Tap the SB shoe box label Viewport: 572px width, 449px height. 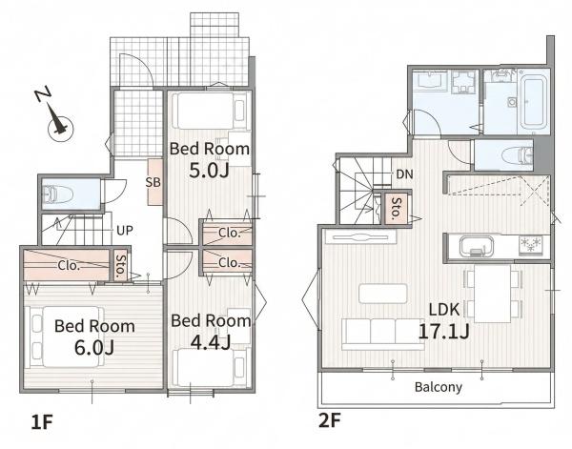pos(153,182)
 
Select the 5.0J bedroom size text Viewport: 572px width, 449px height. pos(209,171)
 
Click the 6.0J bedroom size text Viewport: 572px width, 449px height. pos(94,347)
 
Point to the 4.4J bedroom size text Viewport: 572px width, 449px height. pos(211,342)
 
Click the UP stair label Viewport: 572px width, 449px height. pos(125,230)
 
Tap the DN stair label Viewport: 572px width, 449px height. pos(404,174)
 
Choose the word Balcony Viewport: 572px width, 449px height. pos(439,387)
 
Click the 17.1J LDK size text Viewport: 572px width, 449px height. pos(443,332)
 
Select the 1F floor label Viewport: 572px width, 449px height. pos(42,422)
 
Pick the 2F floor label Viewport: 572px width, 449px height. pos(330,421)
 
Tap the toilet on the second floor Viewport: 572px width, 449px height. pos(518,155)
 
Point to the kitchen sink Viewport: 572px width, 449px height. pos(476,247)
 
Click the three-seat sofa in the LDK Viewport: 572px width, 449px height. pos(382,334)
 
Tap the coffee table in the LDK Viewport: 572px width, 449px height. pos(382,294)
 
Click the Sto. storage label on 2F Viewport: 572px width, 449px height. pos(396,209)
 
